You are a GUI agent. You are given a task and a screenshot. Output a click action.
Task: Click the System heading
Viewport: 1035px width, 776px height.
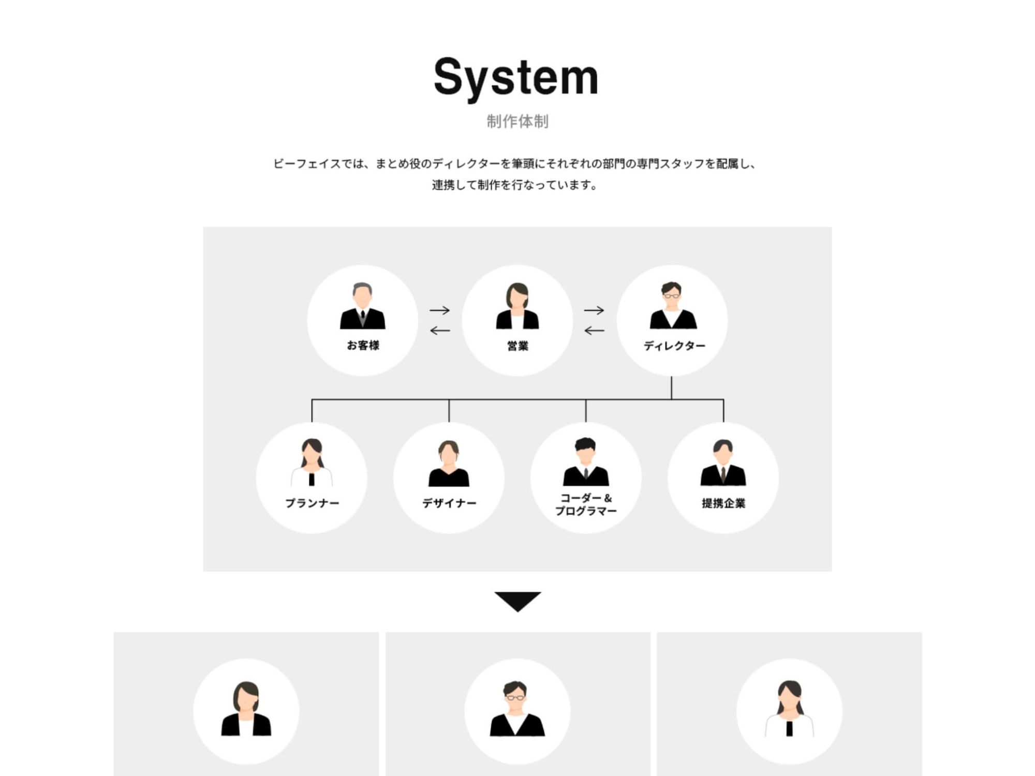[x=516, y=78]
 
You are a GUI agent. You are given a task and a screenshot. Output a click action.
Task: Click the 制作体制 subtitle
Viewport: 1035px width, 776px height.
[x=517, y=122]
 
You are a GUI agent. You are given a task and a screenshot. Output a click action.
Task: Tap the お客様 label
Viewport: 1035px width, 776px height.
[x=363, y=346]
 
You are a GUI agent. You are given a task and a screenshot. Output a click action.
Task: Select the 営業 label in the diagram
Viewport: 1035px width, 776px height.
[x=517, y=346]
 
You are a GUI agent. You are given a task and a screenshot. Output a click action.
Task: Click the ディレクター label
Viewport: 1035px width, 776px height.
[x=674, y=346]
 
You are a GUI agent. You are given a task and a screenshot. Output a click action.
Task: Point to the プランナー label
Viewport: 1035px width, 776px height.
[x=312, y=503]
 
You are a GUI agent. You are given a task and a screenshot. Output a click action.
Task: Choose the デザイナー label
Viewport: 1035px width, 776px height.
[x=449, y=503]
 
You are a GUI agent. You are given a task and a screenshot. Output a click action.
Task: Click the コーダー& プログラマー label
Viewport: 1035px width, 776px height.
[x=586, y=504]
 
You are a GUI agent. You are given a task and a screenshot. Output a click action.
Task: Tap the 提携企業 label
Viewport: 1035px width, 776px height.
[x=723, y=503]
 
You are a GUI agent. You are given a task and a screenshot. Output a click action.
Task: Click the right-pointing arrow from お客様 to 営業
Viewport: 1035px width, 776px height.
[x=440, y=310]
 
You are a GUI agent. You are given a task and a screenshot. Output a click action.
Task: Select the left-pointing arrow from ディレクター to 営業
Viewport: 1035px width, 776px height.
[x=594, y=331]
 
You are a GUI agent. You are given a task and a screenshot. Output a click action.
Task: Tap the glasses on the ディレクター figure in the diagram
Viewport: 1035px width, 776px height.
[x=672, y=296]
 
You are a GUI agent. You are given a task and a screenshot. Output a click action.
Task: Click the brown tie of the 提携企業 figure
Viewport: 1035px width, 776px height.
[x=723, y=473]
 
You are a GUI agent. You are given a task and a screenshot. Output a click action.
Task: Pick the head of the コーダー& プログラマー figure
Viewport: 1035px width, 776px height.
[x=585, y=450]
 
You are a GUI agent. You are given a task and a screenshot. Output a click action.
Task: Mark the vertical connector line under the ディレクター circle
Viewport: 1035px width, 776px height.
[x=672, y=387]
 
